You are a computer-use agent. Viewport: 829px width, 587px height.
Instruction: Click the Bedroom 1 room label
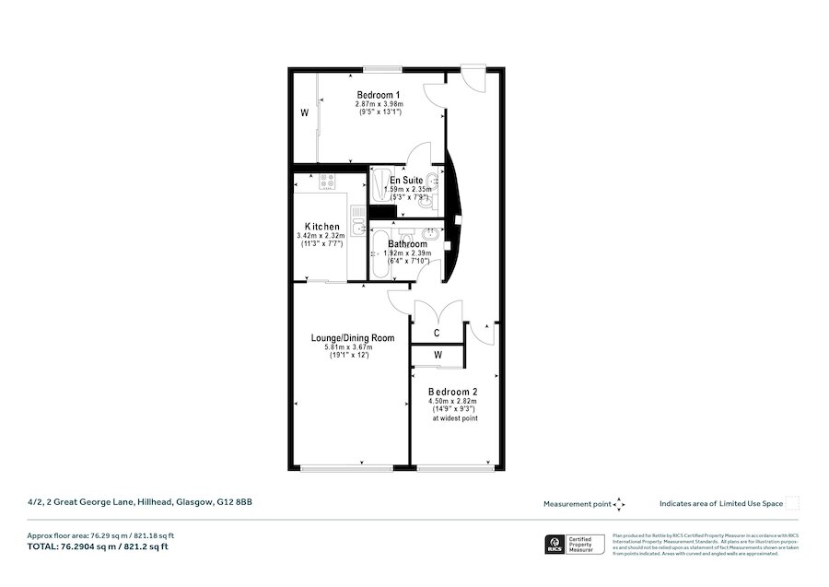tap(379, 95)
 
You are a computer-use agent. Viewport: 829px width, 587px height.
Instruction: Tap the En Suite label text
tap(406, 181)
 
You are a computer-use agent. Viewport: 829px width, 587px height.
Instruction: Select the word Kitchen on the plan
tap(322, 227)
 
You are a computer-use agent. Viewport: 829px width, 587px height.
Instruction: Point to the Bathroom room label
tap(406, 244)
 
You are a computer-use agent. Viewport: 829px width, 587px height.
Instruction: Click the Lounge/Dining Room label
tap(352, 338)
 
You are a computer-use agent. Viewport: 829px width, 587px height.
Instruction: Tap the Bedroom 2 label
tap(452, 392)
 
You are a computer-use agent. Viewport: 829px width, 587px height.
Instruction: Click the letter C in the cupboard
tap(436, 333)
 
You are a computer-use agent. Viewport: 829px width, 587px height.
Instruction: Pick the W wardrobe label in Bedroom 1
tap(303, 114)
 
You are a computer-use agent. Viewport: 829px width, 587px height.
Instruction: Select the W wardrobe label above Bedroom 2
tap(438, 355)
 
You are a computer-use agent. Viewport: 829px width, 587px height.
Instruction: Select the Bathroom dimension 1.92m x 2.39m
tap(406, 252)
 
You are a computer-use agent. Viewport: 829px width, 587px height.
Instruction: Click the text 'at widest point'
tap(455, 418)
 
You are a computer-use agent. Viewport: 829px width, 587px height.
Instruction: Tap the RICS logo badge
tap(557, 545)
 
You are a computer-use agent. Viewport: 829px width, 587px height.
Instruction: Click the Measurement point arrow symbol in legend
tap(619, 504)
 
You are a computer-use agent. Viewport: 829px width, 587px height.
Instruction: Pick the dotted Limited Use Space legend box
tap(791, 503)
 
